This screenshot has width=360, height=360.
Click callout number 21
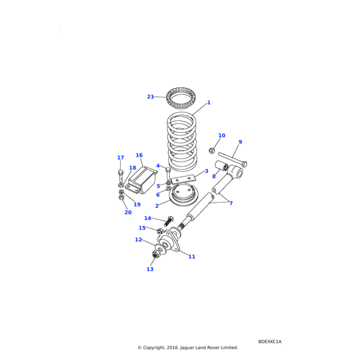pos(151,97)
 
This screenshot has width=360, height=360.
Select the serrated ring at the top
pos(181,97)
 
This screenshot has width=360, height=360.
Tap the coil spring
pos(182,144)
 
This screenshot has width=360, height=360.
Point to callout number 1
pos(209,103)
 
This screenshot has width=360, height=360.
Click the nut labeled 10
pos(212,150)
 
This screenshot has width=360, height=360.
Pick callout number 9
pos(240,142)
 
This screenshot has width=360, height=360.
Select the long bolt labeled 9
pos(235,161)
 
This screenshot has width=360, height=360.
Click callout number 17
pos(121,158)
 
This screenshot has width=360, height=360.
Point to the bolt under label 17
pos(121,175)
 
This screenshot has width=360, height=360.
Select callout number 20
pos(128,212)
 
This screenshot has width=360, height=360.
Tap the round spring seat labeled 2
pos(184,195)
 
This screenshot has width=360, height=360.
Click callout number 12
pos(139,240)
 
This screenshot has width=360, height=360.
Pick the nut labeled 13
pos(154,255)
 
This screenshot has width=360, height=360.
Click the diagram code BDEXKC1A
pos(269,341)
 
